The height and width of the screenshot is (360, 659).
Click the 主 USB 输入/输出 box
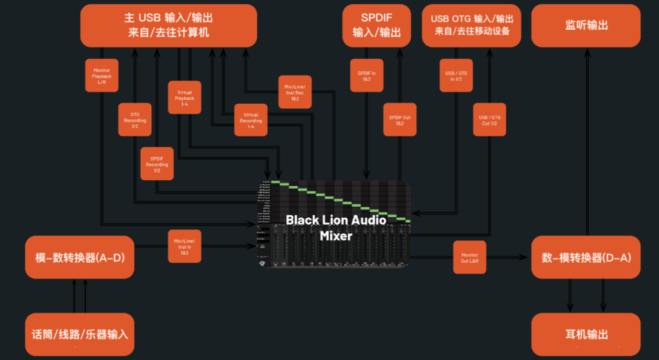(169, 26)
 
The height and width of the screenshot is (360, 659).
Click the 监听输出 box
(586, 26)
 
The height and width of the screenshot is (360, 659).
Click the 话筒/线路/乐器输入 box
(79, 334)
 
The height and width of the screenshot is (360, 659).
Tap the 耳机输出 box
(586, 334)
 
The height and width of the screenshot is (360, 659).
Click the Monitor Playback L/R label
(102, 76)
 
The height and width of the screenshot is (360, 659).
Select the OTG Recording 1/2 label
(135, 119)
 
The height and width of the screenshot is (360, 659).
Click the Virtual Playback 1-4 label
(184, 97)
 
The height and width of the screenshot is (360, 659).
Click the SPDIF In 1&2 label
(366, 76)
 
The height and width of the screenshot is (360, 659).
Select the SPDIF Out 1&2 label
(400, 120)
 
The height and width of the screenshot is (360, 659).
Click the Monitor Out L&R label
(470, 257)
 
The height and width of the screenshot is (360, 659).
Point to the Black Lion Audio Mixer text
(336, 228)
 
